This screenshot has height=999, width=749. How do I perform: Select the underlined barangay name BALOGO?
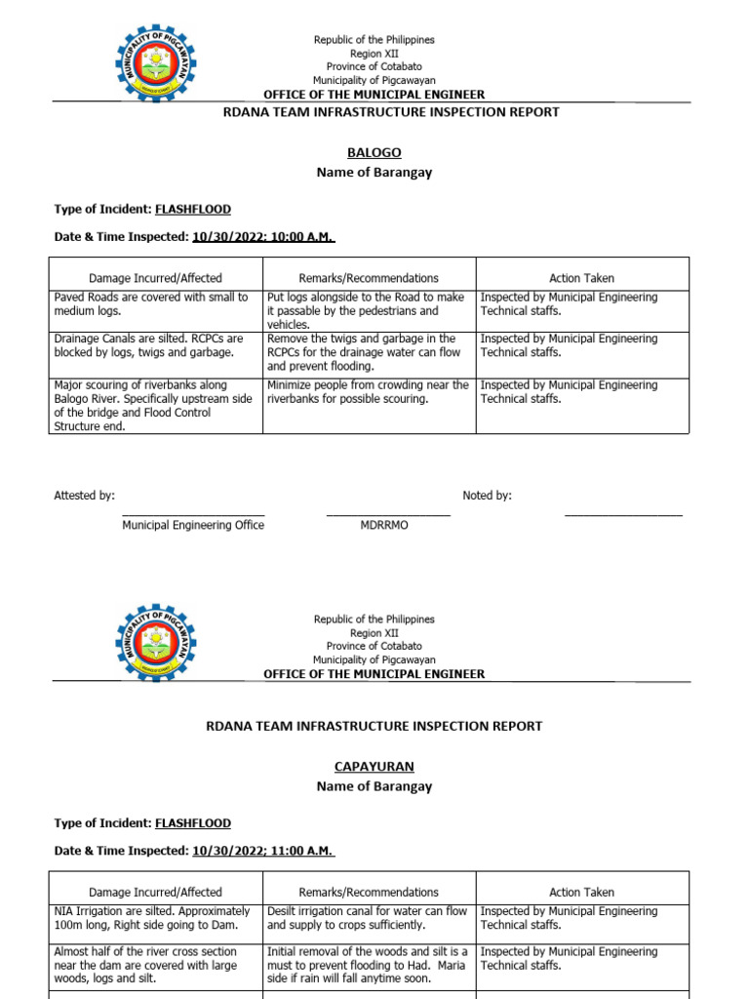[374, 153]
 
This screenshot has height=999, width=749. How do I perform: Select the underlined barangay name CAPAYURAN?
[374, 767]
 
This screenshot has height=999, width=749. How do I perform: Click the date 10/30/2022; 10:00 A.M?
[263, 236]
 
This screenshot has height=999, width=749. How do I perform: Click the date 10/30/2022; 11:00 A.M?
[263, 851]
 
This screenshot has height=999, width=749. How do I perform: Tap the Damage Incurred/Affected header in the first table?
[155, 278]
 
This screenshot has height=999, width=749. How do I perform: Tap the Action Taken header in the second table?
[581, 892]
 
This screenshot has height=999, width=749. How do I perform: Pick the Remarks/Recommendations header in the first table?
[369, 278]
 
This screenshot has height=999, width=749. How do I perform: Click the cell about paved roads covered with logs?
[155, 304]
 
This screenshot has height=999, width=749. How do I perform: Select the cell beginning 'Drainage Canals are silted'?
[155, 345]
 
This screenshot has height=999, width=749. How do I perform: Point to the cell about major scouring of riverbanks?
[155, 405]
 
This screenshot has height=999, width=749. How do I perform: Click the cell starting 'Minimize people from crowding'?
[369, 392]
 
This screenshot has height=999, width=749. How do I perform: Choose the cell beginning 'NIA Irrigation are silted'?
[155, 918]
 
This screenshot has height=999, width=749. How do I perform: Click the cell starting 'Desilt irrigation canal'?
[369, 918]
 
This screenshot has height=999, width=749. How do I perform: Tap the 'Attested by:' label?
[84, 496]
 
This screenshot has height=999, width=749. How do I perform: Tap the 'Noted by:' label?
[487, 496]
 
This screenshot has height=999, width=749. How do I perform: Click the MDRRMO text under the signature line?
[384, 525]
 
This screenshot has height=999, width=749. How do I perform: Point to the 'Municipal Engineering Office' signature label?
[192, 525]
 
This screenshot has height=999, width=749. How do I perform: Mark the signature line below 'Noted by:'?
[623, 514]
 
